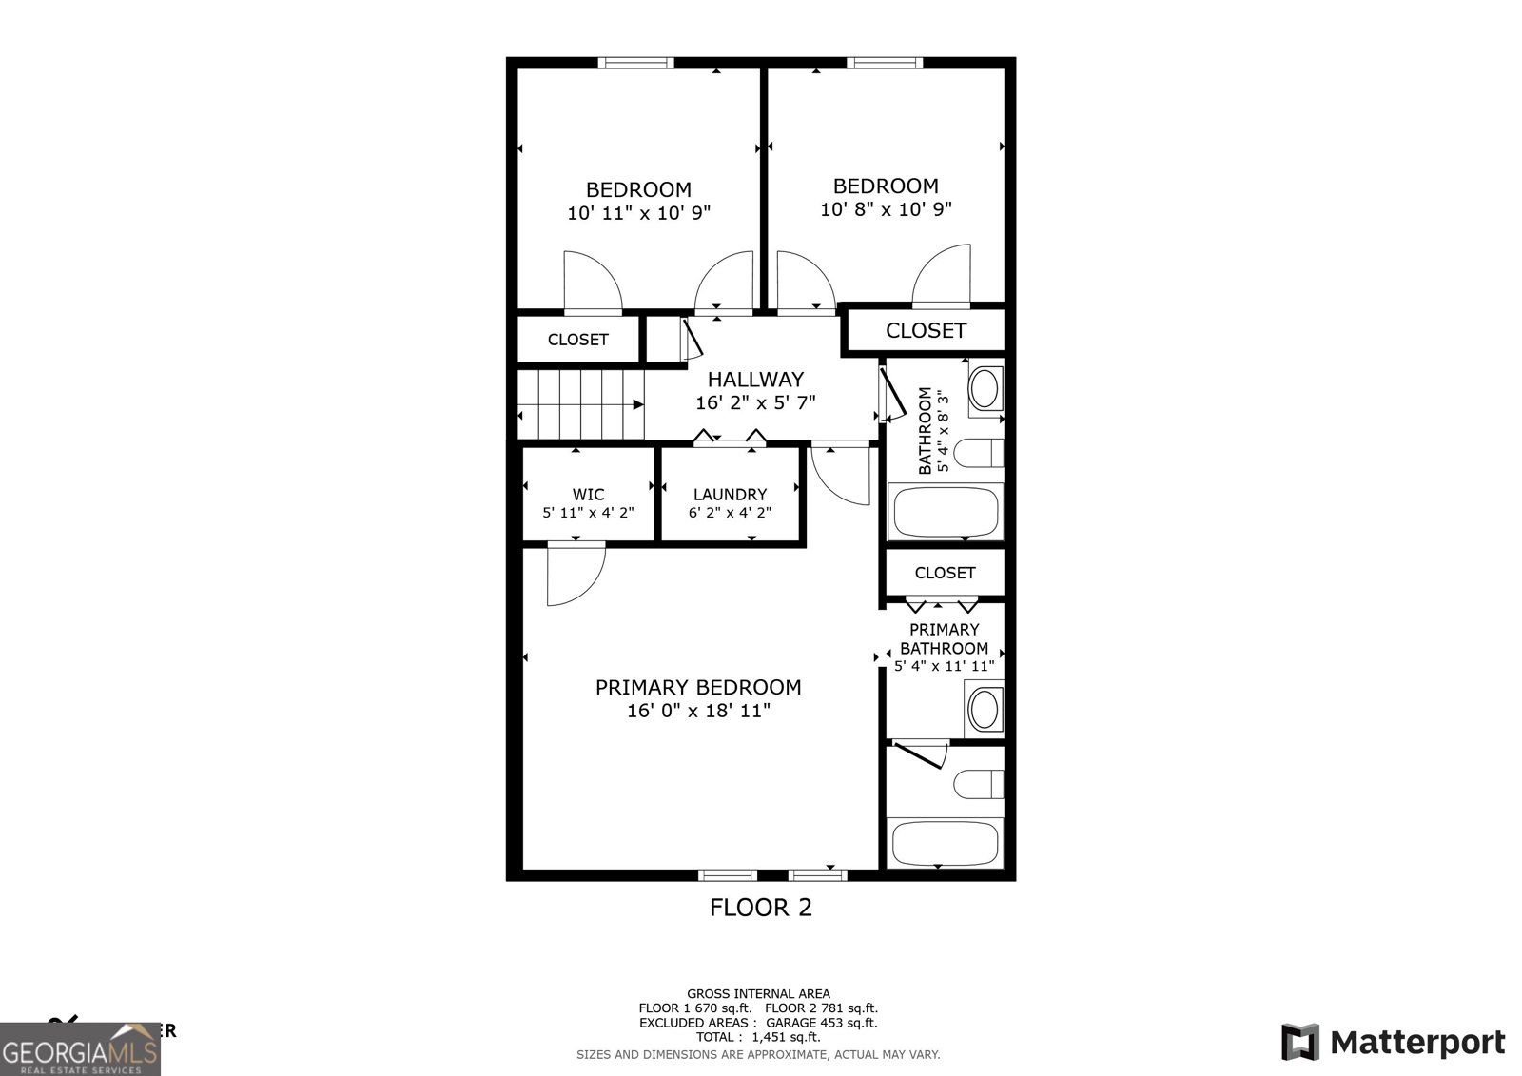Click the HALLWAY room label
tap(755, 379)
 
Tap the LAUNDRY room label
tap(730, 495)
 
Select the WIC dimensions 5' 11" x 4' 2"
tap(588, 513)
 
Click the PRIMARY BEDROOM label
tap(698, 687)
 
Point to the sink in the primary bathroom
tap(983, 709)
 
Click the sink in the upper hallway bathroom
tap(984, 388)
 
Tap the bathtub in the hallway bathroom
tap(945, 512)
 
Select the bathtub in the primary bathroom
tap(945, 842)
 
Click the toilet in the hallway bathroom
tap(978, 454)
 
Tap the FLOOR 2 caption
tap(761, 908)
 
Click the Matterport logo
tap(1393, 1042)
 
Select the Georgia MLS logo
tap(80, 1049)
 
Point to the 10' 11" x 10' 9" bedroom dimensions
tap(638, 213)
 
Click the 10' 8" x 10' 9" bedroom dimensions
tap(886, 209)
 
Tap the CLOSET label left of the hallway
tap(577, 340)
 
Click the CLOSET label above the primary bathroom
tap(945, 573)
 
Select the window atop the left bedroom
tap(635, 63)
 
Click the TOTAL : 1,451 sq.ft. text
tap(758, 1037)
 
